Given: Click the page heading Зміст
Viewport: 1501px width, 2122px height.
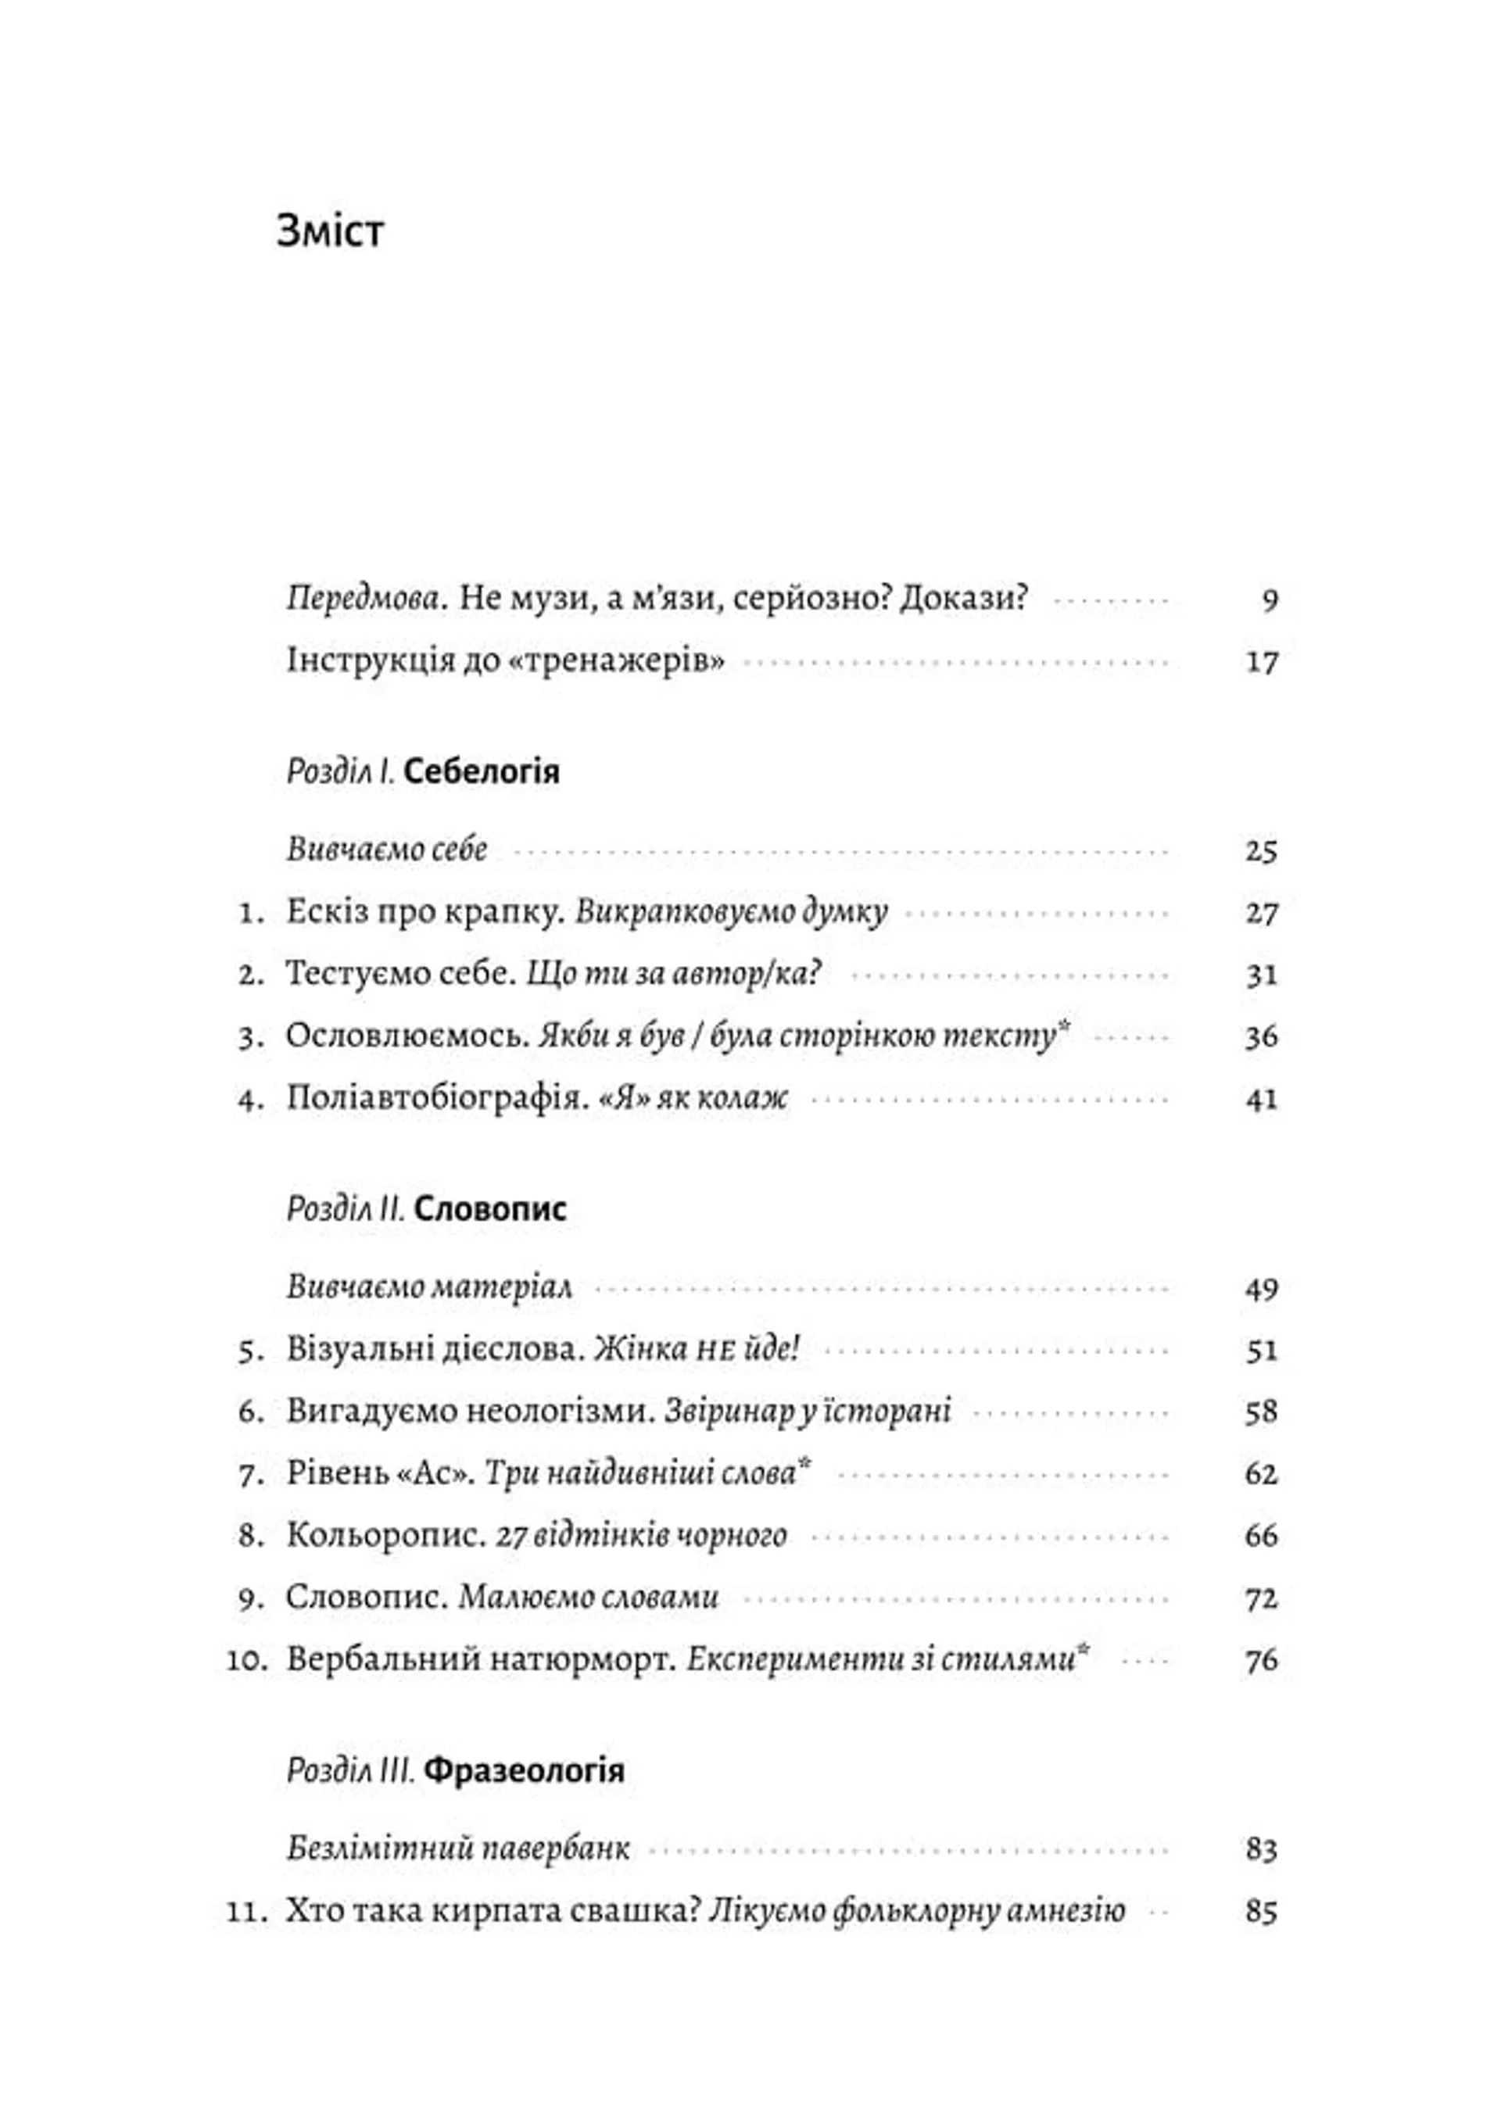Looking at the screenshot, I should coord(330,231).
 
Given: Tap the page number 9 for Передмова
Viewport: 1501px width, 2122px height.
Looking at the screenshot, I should coord(1270,601).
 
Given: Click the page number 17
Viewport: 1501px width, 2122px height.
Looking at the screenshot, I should coord(1262,663).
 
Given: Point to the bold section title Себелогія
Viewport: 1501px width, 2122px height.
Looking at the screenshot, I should coord(482,771).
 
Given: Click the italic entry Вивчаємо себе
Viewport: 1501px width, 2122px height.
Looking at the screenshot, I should coord(386,850).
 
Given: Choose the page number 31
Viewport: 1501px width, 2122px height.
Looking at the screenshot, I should coord(1262,975).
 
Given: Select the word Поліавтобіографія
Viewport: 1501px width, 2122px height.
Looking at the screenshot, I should coord(436,1098).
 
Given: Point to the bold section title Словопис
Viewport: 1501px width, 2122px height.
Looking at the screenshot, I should coord(490,1209).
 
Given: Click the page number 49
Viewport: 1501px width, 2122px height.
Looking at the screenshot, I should coord(1262,1288).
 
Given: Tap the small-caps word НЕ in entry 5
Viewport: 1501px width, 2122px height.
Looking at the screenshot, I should coord(715,1351).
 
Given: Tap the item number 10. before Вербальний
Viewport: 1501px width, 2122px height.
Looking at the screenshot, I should coord(247,1659).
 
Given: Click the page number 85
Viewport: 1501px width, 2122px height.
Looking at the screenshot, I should coord(1262,1911).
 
